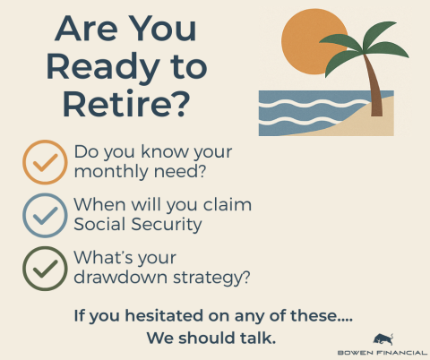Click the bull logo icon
[x=383, y=339]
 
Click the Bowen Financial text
[x=383, y=353]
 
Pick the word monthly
[x=111, y=172]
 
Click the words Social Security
[x=138, y=225]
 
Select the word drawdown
[x=121, y=277]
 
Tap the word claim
[x=227, y=205]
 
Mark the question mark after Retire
[x=181, y=103]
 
